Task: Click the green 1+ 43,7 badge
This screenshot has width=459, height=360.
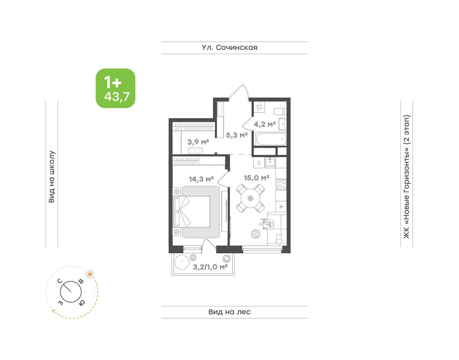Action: pos(115,88)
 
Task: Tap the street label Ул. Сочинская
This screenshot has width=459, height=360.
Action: pos(230,47)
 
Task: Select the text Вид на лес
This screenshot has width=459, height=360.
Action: pos(229,312)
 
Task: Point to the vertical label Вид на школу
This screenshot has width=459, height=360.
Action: pos(52,177)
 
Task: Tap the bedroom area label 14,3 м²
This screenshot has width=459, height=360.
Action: pos(201,179)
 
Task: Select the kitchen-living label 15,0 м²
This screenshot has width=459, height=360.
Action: pos(256,178)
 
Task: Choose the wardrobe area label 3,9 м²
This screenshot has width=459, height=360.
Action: pos(198,142)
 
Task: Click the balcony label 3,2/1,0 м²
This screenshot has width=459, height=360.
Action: pos(210,267)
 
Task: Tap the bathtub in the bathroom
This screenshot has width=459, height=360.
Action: pos(269,139)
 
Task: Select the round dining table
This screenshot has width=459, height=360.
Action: pos(250,198)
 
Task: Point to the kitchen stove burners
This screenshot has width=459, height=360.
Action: pos(281,184)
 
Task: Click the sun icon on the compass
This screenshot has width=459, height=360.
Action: pos(90,273)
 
